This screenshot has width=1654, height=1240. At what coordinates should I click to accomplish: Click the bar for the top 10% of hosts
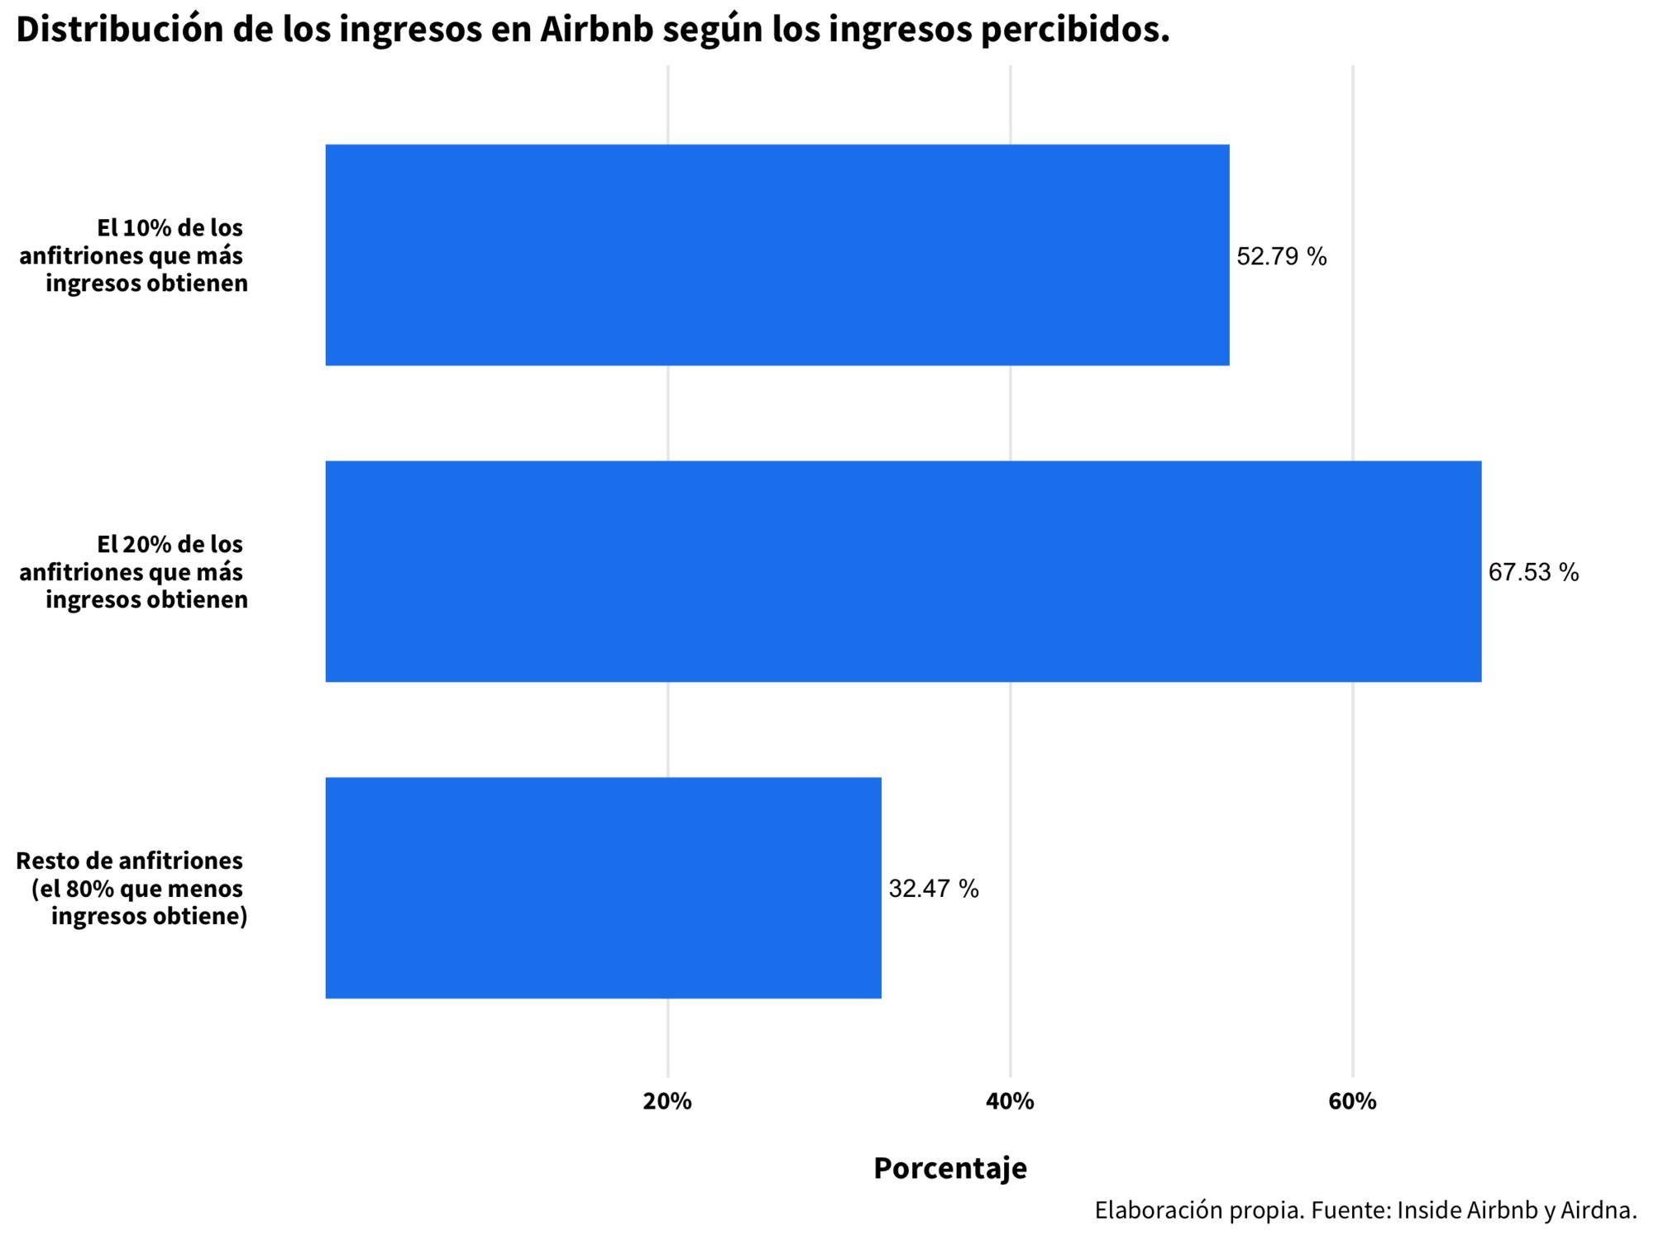(x=777, y=255)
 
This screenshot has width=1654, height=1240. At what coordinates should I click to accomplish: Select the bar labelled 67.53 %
(x=903, y=571)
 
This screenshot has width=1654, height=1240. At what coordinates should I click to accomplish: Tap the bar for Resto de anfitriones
(x=603, y=888)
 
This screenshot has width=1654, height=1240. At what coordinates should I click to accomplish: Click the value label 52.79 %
(x=1281, y=257)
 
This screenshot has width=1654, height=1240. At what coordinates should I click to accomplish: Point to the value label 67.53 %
(x=1533, y=572)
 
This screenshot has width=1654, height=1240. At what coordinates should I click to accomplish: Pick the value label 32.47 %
(x=933, y=889)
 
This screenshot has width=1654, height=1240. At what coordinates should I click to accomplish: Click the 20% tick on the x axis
(x=667, y=1101)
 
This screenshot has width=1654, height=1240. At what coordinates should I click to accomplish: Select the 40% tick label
(x=1010, y=1101)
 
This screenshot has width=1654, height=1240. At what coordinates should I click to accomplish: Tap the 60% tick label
(x=1352, y=1101)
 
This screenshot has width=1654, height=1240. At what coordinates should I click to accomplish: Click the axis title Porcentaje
(x=950, y=1168)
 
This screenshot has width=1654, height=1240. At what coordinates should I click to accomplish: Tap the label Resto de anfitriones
(x=130, y=861)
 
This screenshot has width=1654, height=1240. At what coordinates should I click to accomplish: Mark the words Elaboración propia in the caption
(x=1199, y=1210)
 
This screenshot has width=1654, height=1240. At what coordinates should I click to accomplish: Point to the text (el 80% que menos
(x=137, y=889)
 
